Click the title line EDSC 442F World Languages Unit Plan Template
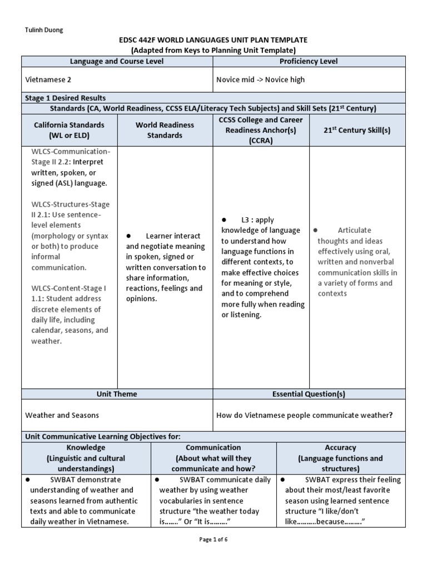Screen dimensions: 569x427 click(213, 40)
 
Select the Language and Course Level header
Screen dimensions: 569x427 click(117, 61)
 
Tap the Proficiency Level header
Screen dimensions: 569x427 click(309, 61)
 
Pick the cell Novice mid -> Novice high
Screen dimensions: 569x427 click(260, 79)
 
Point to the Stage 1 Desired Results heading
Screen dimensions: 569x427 click(66, 98)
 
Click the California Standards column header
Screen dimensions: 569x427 click(69, 130)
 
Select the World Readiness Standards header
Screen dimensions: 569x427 click(165, 130)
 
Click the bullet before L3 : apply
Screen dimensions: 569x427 click(224, 220)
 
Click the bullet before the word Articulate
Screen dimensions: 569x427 click(315, 230)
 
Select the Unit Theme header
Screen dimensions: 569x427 click(117, 394)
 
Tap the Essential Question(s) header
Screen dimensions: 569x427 click(309, 394)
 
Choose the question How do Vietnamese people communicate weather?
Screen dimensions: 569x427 click(304, 415)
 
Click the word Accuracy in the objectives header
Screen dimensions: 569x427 click(340, 447)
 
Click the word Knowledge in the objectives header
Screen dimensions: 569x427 click(86, 447)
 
